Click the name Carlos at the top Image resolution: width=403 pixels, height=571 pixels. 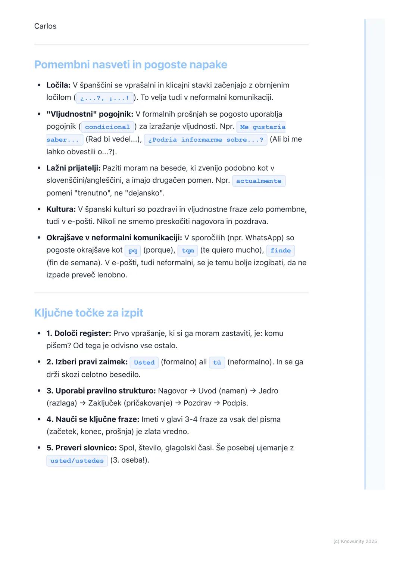coord(45,26)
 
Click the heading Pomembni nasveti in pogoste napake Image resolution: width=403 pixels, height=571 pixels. coord(131,65)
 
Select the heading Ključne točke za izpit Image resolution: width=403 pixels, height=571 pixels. coord(88,313)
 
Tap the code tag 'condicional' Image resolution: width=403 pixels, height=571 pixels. coord(107,127)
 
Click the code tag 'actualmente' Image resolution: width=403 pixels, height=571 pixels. coord(259,181)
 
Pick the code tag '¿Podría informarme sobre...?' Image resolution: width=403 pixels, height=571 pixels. coord(206,140)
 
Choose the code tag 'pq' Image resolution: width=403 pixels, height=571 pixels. coord(133,251)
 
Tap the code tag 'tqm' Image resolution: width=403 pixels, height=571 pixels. coord(188,251)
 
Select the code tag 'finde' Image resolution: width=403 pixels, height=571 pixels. coord(281,251)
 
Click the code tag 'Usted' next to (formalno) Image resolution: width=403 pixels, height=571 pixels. coord(144,362)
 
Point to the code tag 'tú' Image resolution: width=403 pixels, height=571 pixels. coord(217,362)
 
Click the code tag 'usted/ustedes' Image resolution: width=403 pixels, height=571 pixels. coord(77,461)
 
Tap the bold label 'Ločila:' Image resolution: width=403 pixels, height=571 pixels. coord(58,85)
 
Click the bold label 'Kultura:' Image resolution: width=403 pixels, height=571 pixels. coord(61,209)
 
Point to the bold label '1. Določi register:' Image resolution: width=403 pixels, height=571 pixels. coord(79,333)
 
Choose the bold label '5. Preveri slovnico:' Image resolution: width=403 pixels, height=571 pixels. coord(81,448)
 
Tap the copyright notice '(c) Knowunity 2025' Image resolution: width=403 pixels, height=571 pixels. coord(355,541)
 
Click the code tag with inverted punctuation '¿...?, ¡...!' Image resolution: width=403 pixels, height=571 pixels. coord(105,98)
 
